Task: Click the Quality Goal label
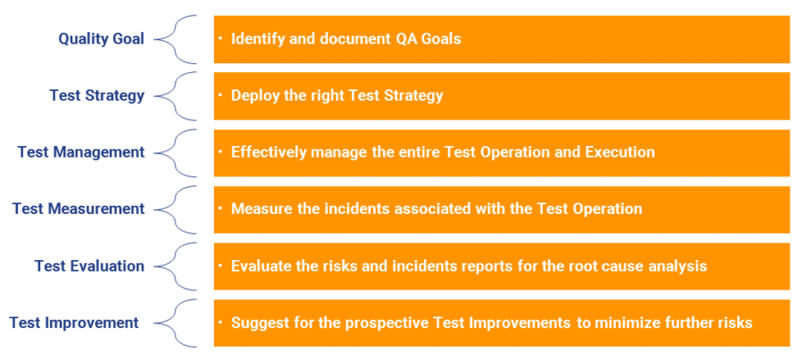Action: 101,39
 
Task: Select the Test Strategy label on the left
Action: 96,95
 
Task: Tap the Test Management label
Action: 80,152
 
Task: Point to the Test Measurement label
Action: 78,209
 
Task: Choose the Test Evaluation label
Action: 89,266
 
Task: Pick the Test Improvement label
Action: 74,323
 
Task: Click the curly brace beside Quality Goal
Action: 176,39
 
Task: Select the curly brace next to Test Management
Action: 176,152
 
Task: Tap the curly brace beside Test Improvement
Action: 176,323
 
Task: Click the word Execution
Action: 619,152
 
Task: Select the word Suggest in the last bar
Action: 258,323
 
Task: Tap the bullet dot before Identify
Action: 219,38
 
